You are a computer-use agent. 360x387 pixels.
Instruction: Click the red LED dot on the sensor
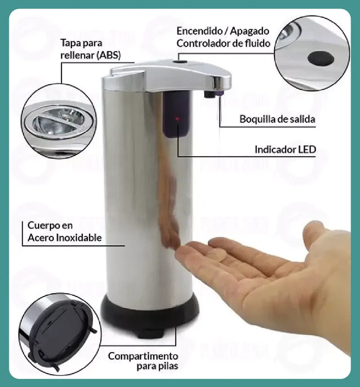click(x=177, y=119)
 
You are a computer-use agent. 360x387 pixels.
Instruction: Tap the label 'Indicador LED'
click(x=285, y=149)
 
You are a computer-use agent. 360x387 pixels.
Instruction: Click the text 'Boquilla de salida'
click(x=277, y=119)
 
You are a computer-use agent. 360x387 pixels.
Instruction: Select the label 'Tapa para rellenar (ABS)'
click(x=90, y=49)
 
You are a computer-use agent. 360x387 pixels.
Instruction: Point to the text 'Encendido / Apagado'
click(x=223, y=31)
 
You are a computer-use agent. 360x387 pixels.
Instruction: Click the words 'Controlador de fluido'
click(x=223, y=44)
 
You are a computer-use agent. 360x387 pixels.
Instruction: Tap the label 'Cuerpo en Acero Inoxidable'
click(x=64, y=231)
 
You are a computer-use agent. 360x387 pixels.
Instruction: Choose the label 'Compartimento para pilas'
click(x=143, y=361)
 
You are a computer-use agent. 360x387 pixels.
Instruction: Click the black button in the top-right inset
click(x=321, y=58)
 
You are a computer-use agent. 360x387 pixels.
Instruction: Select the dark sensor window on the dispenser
click(x=177, y=114)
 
